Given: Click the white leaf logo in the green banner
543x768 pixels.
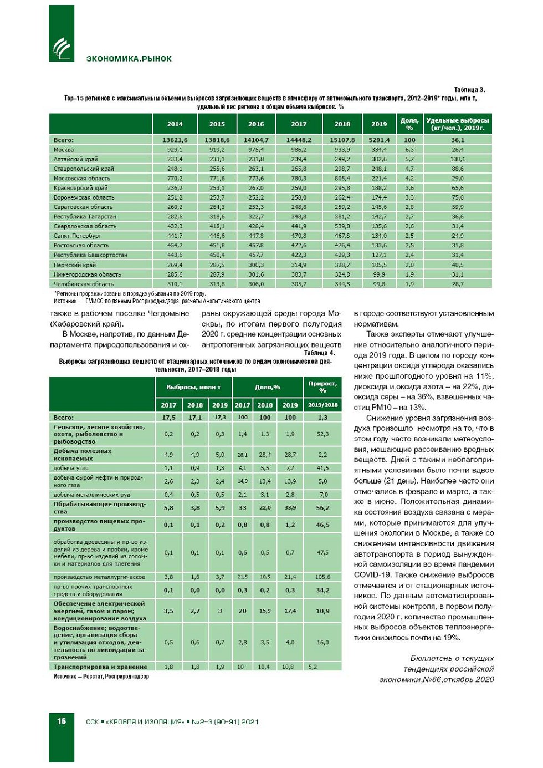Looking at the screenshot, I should (x=62, y=48).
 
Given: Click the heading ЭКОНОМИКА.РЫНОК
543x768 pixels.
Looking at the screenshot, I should (x=129, y=59).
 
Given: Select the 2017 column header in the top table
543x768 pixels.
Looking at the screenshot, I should (x=299, y=124).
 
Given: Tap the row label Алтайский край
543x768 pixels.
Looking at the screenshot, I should (x=75, y=159).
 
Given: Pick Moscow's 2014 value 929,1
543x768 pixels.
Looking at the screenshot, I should (x=175, y=150).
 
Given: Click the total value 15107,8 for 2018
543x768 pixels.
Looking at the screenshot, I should (x=342, y=140).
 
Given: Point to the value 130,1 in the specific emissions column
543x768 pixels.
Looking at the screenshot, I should (x=457, y=159).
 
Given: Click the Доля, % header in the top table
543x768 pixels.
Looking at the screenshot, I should (x=409, y=124).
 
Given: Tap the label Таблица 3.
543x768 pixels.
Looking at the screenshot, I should (x=469, y=90).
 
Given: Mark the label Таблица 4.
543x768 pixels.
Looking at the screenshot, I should (x=319, y=353).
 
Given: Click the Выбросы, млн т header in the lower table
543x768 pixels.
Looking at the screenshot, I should (x=193, y=387).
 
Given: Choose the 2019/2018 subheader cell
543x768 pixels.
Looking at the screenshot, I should (x=322, y=405).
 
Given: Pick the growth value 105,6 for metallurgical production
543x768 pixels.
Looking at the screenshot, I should (x=322, y=577).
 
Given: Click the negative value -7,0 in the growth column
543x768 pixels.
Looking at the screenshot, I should (x=322, y=495).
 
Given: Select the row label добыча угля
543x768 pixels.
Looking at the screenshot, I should (x=71, y=468).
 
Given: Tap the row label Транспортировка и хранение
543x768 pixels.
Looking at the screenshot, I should (x=100, y=667).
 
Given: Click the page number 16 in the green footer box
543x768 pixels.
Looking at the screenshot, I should (x=62, y=721).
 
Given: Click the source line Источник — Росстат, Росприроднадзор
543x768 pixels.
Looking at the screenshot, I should (x=101, y=677).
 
